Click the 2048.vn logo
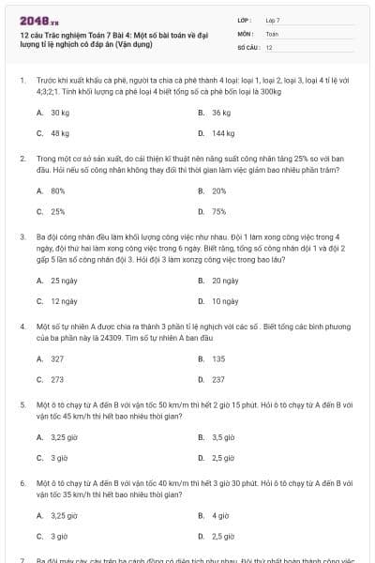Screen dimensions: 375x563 (x=33, y=20)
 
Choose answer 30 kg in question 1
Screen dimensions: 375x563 (x=60, y=113)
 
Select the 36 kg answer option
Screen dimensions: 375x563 (x=221, y=113)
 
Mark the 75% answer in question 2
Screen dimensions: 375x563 (x=219, y=212)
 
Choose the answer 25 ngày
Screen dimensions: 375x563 (x=64, y=281)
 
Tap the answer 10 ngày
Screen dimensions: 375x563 (x=225, y=302)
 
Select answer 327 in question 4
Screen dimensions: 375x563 (x=58, y=358)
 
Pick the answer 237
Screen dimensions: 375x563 (x=218, y=380)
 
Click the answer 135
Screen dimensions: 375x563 (x=218, y=358)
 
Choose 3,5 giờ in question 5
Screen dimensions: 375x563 (x=223, y=437)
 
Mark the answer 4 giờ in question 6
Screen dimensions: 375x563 (x=221, y=515)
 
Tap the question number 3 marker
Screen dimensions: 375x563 (x=22, y=238)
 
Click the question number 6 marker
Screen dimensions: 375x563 (x=22, y=481)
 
